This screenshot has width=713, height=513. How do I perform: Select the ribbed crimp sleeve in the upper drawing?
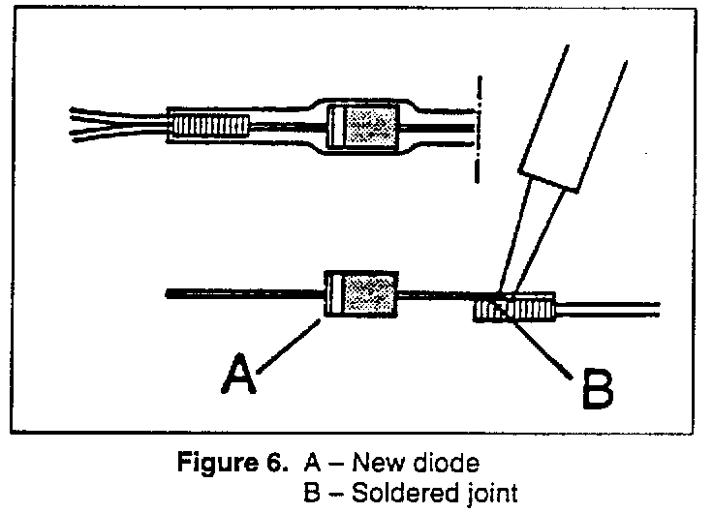coord(210,126)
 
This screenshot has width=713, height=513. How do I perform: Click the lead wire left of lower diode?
coord(242,293)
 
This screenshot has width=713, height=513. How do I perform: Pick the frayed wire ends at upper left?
coord(92,125)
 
